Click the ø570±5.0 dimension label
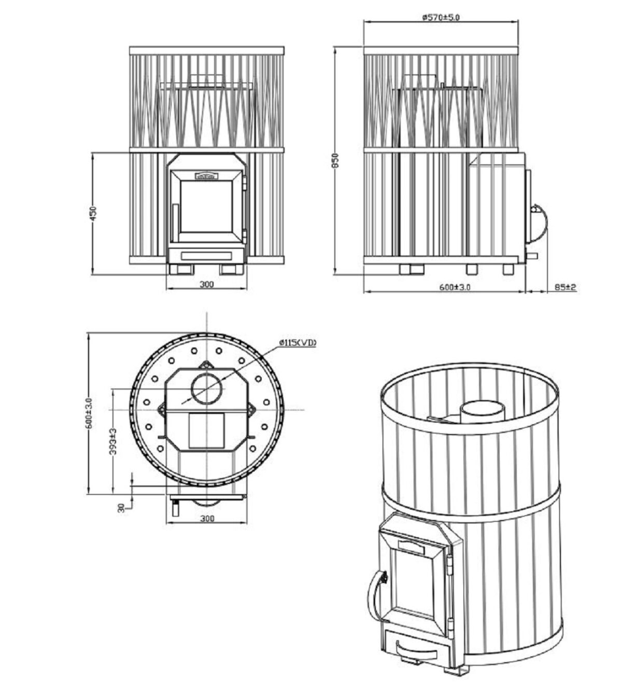(x=441, y=17)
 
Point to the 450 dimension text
(x=93, y=214)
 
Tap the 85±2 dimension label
(x=566, y=286)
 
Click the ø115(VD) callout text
(x=297, y=343)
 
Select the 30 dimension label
(x=121, y=508)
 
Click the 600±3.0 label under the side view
(x=455, y=287)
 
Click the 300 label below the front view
(x=206, y=284)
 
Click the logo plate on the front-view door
(x=207, y=176)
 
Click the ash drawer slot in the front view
(x=206, y=255)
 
